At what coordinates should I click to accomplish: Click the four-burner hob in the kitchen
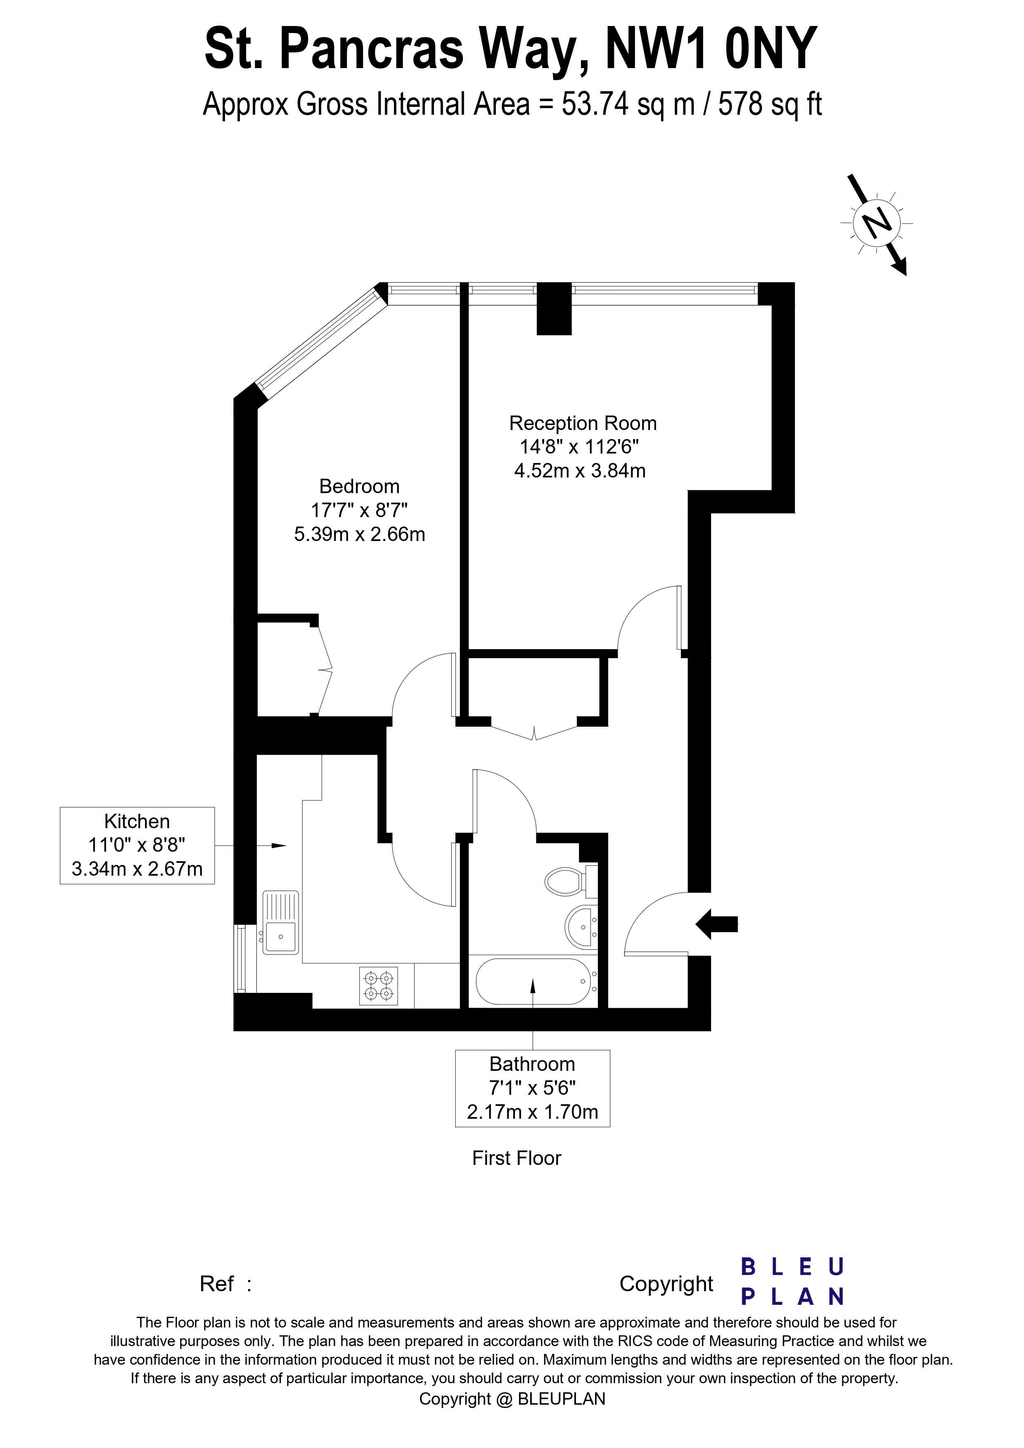379,986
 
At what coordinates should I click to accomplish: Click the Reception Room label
583,423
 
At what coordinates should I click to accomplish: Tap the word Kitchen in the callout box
137,821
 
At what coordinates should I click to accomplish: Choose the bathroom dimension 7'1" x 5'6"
533,1088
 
